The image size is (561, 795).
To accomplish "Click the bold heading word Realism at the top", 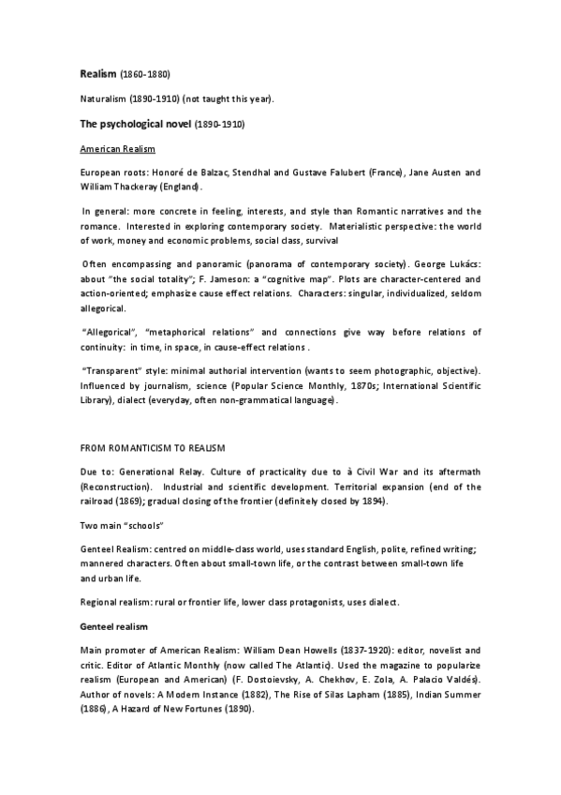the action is pos(96,73).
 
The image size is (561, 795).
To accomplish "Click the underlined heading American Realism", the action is pos(117,149).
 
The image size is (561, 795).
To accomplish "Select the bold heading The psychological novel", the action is pos(134,124).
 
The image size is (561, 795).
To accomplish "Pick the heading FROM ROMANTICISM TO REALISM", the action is pos(149,449).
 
